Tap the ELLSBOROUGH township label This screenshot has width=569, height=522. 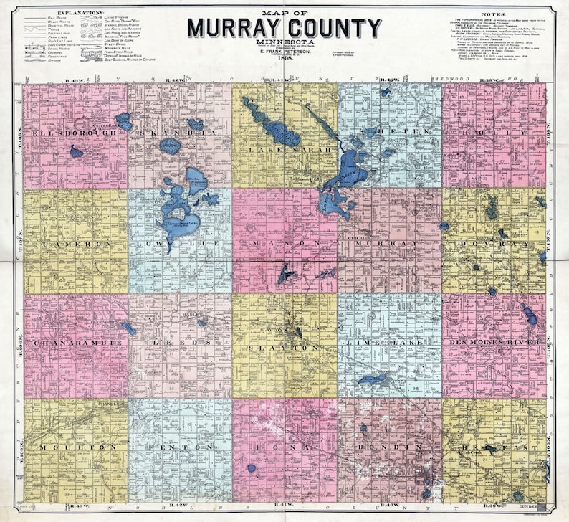[x=72, y=133]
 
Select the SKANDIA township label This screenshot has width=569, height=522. [x=179, y=133]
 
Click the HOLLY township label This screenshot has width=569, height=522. [x=494, y=133]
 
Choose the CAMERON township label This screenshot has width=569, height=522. [x=75, y=244]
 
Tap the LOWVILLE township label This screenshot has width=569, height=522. [x=180, y=244]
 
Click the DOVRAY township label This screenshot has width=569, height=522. [x=494, y=244]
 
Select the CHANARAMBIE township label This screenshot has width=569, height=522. [x=75, y=343]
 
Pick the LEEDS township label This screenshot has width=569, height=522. [x=180, y=343]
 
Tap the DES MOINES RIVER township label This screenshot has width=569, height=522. [x=494, y=343]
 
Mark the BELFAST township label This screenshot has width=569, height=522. [x=494, y=447]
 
